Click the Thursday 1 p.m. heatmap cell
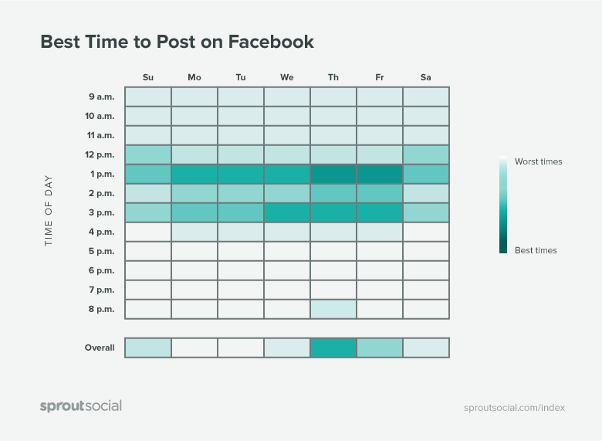pyautogui.click(x=333, y=174)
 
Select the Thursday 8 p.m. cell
pyautogui.click(x=333, y=309)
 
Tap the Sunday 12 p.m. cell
pyautogui.click(x=148, y=154)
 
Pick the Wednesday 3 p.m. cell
pyautogui.click(x=287, y=213)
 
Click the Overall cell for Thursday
pyautogui.click(x=333, y=348)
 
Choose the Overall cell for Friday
pyautogui.click(x=380, y=348)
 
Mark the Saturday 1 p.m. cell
pyautogui.click(x=426, y=174)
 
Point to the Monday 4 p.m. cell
pyautogui.click(x=194, y=232)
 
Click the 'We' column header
pyautogui.click(x=287, y=77)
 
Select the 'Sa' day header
pyautogui.click(x=426, y=77)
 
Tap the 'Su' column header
pyautogui.click(x=148, y=77)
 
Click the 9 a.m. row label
pyautogui.click(x=101, y=97)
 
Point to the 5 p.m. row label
pyautogui.click(x=101, y=251)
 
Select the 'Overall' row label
pyautogui.click(x=100, y=348)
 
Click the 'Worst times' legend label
pyautogui.click(x=538, y=161)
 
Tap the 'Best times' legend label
pyautogui.click(x=536, y=250)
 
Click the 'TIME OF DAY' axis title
pyautogui.click(x=49, y=211)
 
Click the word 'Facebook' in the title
pyautogui.click(x=271, y=42)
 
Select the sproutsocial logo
pyautogui.click(x=81, y=406)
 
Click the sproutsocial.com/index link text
pyautogui.click(x=515, y=408)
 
